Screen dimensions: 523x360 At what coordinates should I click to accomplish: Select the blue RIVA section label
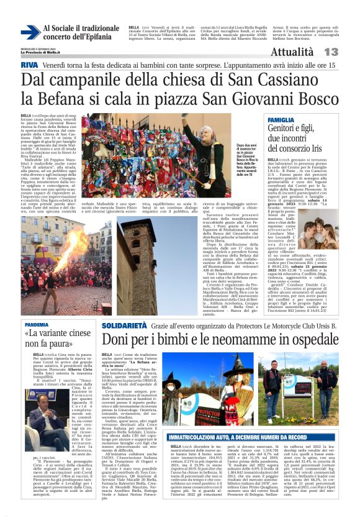coord(29,65)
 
